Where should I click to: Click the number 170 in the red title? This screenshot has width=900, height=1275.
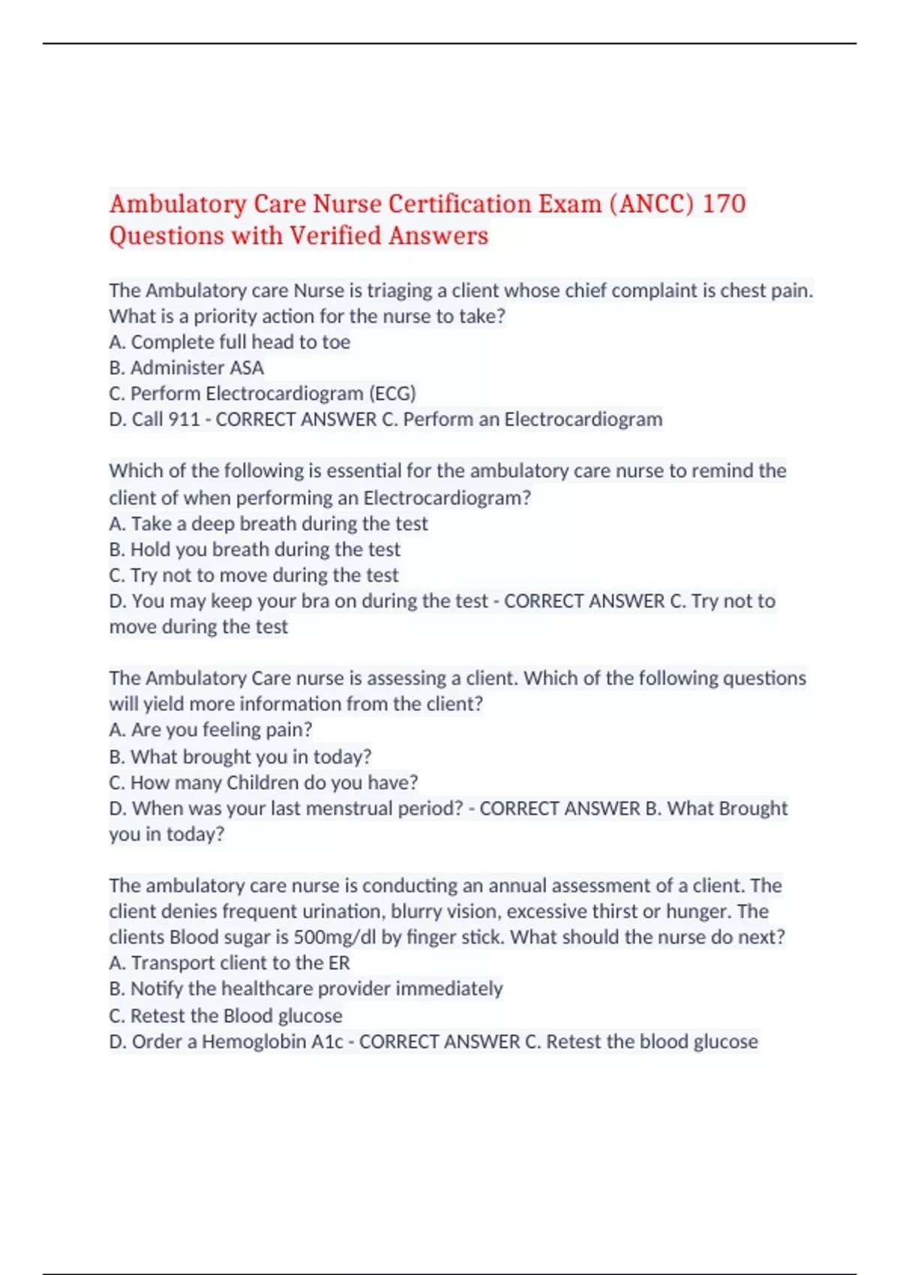tap(723, 204)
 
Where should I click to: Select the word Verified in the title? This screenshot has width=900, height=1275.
tap(335, 236)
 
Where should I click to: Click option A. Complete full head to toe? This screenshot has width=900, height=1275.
tap(229, 342)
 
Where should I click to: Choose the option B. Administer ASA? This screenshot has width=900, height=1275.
tap(186, 368)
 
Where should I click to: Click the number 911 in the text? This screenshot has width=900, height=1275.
tap(184, 419)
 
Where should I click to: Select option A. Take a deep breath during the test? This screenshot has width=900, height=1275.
tap(268, 523)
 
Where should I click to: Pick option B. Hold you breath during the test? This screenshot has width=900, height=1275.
tap(255, 550)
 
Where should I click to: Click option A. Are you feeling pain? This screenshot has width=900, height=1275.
tap(211, 730)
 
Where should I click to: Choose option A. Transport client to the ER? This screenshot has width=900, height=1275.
tap(229, 963)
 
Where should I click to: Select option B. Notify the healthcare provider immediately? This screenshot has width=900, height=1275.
tap(306, 989)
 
